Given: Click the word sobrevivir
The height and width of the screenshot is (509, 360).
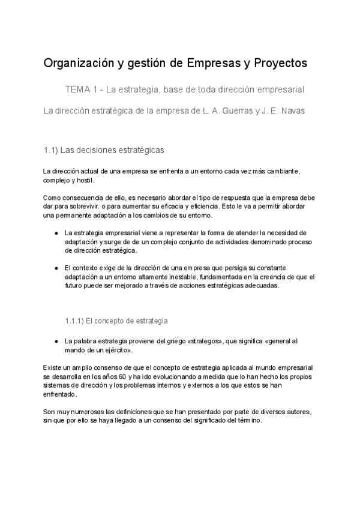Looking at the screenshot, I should pos(91,206).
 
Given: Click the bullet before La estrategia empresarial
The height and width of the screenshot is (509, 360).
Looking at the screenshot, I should pos(56,233).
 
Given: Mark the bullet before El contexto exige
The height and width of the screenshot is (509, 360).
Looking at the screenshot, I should pos(56,268).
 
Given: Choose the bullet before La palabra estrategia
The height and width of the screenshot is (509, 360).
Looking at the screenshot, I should pos(56,341).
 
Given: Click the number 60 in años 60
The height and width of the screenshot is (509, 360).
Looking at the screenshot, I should pos(122,376).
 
